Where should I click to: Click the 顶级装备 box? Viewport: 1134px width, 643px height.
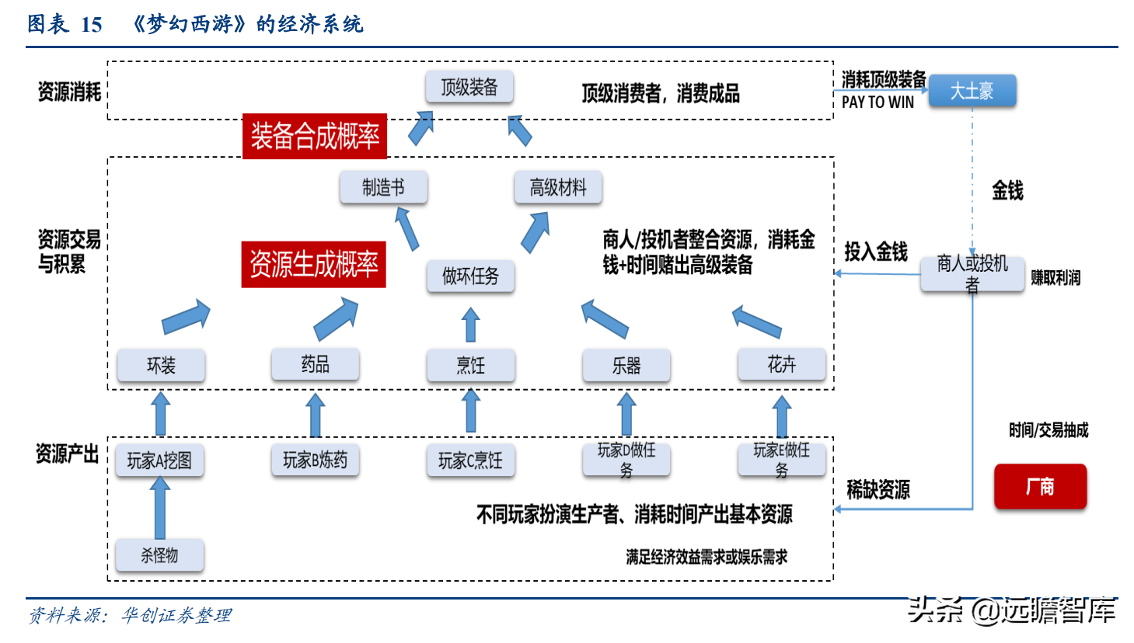point(469,87)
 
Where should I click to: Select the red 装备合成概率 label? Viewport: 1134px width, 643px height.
point(315,136)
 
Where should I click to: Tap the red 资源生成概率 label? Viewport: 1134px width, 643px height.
point(313,265)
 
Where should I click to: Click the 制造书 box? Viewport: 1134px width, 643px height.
point(383,188)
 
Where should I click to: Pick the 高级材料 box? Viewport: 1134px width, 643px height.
point(557,188)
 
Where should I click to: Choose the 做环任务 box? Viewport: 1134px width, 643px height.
point(470,276)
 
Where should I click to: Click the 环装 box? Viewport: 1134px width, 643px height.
point(161,365)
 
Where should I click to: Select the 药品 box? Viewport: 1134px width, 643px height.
point(315,364)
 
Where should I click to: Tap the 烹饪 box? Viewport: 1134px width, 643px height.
point(470,365)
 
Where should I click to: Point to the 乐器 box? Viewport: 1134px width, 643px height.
point(626,365)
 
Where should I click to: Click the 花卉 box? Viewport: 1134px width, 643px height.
point(781,364)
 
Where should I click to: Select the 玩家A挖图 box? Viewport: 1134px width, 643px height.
point(159,461)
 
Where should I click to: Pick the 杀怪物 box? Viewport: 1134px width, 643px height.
point(159,555)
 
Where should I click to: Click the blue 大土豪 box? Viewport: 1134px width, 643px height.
point(972,91)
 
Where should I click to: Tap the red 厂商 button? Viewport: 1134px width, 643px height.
point(1040,487)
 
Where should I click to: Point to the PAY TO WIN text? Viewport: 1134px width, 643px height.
point(878,103)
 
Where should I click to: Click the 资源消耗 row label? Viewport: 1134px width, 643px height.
point(69,92)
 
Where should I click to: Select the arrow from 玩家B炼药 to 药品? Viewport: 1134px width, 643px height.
point(315,415)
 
